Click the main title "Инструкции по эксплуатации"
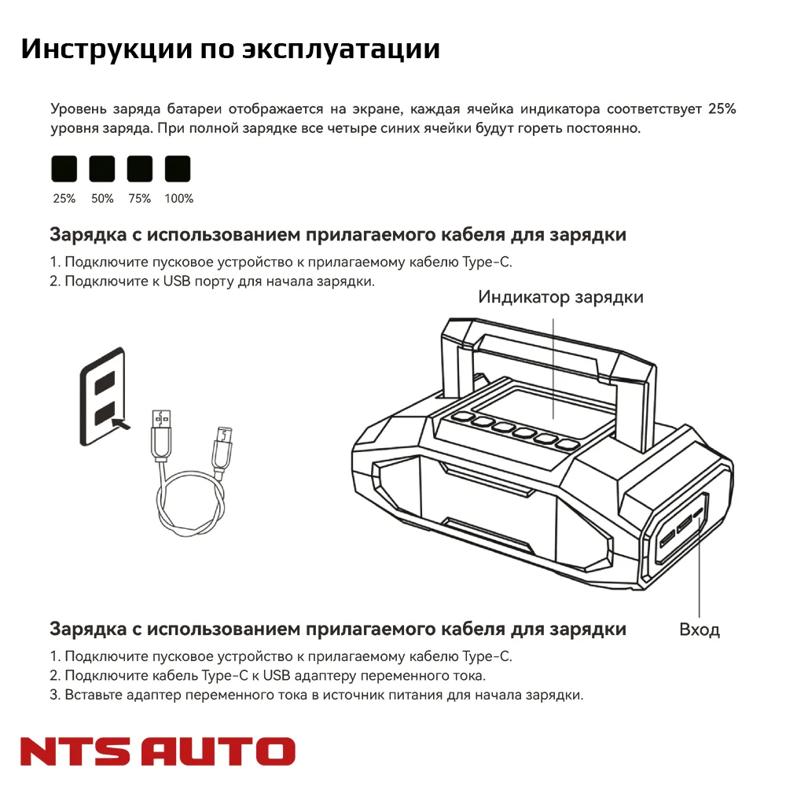pos(230,50)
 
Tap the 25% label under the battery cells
pos(64,199)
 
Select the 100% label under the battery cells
pos(178,199)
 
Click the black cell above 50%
pos(102,169)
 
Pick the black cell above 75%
pos(140,169)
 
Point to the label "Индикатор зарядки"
pos(561,298)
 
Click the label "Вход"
pos(700,630)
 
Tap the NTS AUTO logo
pos(158,751)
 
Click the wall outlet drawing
pos(103,397)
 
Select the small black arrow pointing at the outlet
pos(121,424)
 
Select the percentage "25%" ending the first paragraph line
pos(721,109)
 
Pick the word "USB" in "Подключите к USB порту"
pos(178,281)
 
